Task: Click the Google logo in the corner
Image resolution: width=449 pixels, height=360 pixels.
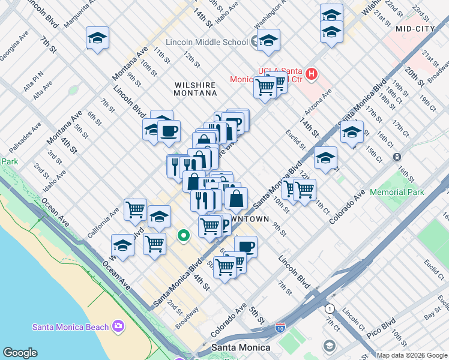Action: (20, 353)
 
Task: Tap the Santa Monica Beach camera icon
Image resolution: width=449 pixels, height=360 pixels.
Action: (118, 326)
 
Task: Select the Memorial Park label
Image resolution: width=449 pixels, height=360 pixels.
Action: (397, 192)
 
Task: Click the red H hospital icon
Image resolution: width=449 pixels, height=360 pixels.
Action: (311, 74)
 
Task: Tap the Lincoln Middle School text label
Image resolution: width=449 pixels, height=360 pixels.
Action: (206, 42)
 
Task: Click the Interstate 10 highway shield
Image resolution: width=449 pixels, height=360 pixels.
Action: (280, 329)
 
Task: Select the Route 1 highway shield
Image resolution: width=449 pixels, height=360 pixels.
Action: (329, 308)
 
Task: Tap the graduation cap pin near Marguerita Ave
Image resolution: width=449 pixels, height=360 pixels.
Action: (97, 38)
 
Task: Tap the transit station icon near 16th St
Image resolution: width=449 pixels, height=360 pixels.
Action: (397, 157)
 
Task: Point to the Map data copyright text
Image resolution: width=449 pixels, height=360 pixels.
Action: (412, 355)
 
